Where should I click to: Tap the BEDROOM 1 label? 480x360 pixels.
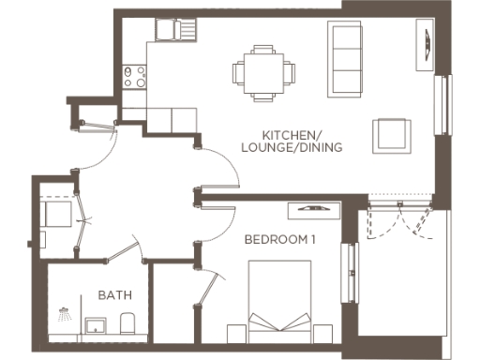(279, 240)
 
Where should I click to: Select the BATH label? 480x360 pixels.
(114, 295)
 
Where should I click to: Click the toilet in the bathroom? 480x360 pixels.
(128, 324)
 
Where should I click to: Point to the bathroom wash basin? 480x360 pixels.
(96, 325)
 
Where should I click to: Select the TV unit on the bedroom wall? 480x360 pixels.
(312, 208)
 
